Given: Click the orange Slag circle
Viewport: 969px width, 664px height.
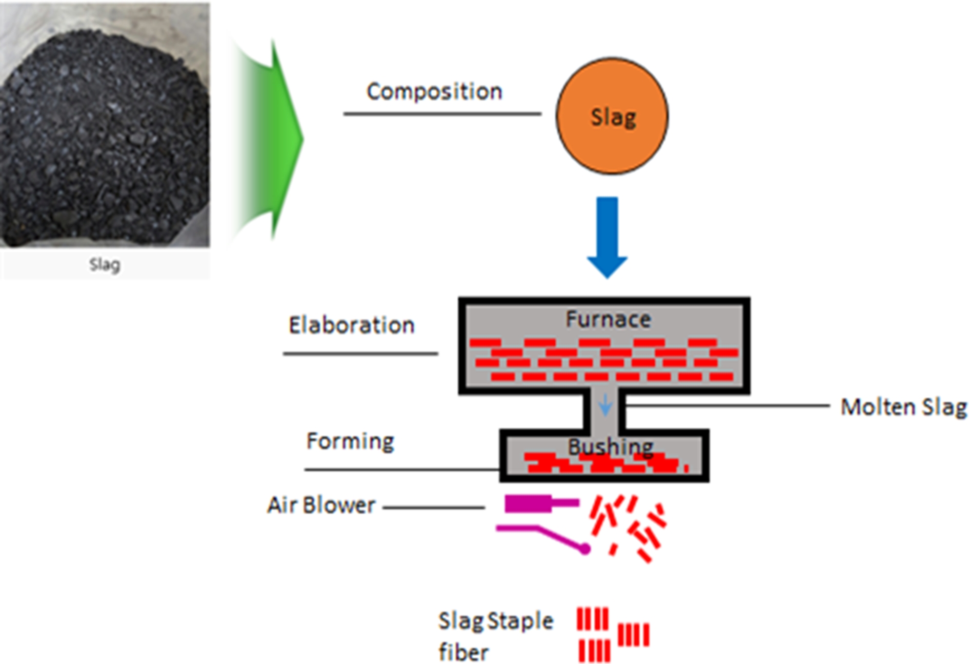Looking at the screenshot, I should coord(612,116).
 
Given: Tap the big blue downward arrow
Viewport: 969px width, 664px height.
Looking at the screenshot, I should coord(607,236).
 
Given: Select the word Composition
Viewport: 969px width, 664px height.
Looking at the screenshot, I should coord(434,92).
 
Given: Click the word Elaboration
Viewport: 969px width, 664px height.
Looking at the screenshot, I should coord(351,325).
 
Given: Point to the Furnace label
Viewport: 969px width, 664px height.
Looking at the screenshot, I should coord(608,319).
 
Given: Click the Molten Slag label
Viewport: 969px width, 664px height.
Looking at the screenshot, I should coord(903,407).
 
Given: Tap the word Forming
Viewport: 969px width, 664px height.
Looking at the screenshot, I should coord(350,441).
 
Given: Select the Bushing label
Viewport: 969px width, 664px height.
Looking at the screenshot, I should coord(610,447).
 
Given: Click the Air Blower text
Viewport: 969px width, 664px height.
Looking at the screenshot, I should coord(321,505).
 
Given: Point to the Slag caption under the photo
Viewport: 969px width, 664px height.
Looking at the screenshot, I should coord(105,265).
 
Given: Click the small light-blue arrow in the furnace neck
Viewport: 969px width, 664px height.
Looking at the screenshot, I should coord(605,405).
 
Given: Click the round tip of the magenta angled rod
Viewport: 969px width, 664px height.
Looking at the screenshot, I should coord(584,549).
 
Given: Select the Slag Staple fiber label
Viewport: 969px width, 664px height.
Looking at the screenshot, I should coord(495,636).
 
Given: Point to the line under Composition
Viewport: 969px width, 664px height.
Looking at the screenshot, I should coord(442,113).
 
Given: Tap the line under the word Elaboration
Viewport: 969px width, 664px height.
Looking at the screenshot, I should coord(360,354).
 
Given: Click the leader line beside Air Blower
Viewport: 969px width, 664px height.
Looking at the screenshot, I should coord(434,507).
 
